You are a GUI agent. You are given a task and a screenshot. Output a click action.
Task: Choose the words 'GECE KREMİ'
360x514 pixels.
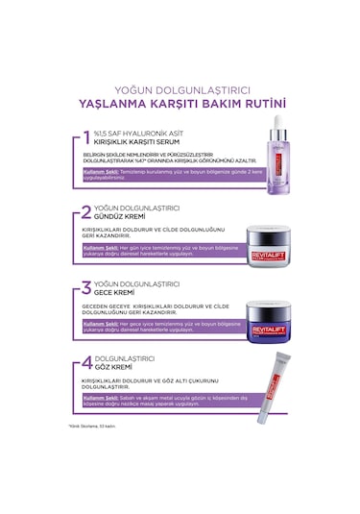point(119,293)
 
